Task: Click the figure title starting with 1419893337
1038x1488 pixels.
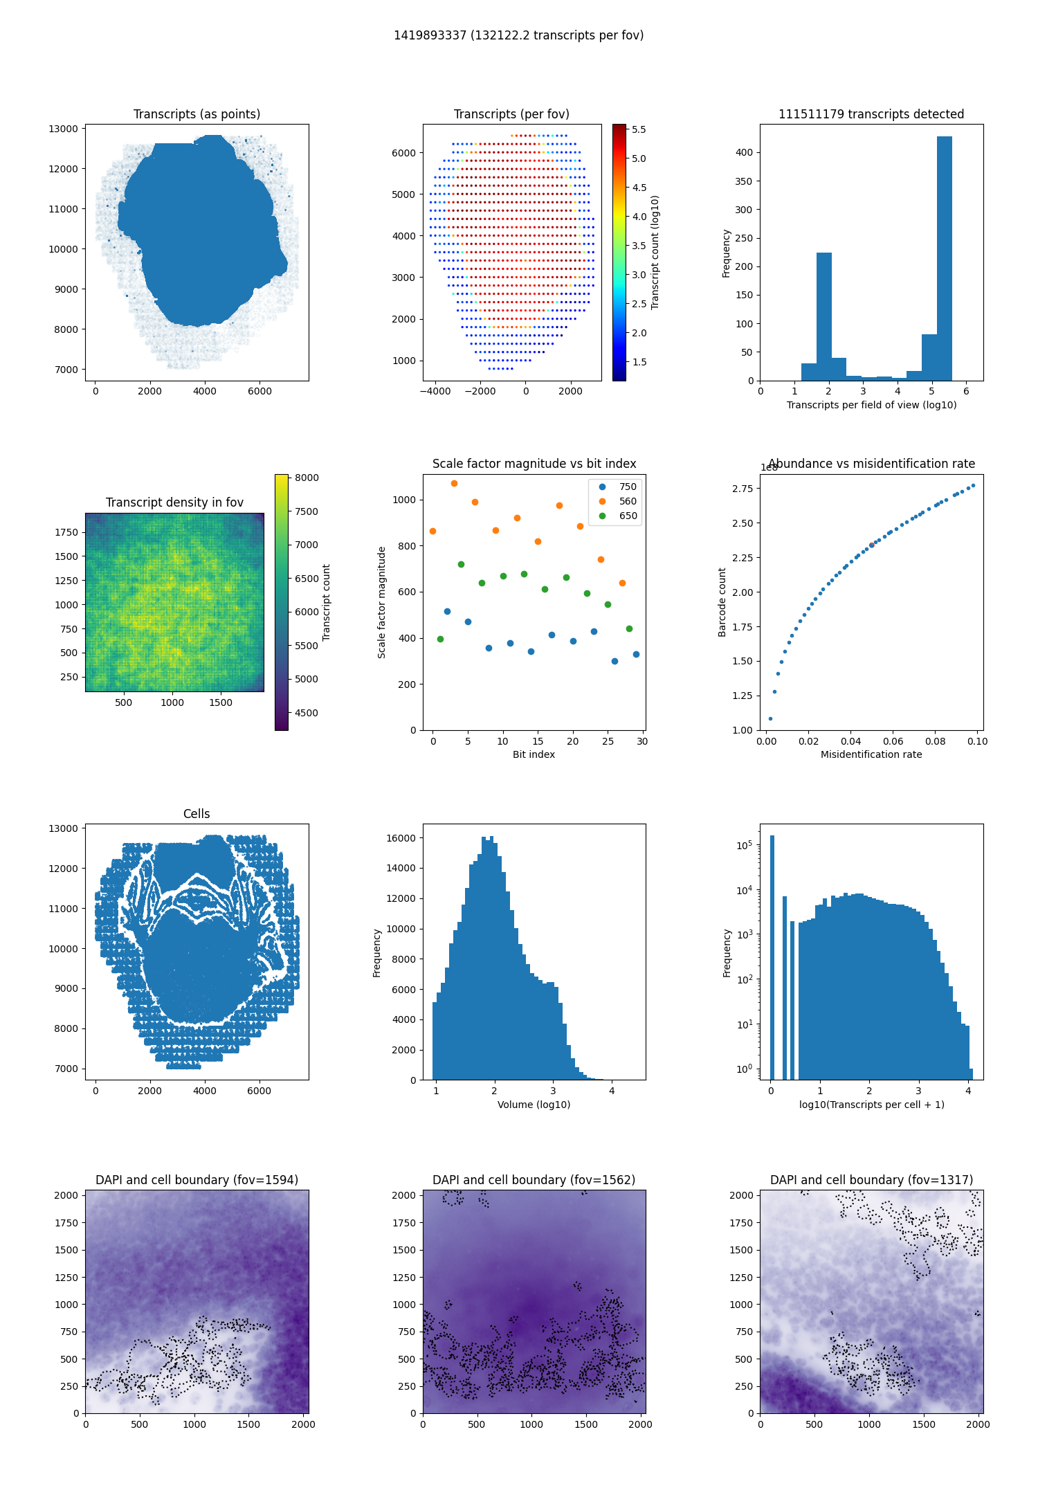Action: pyautogui.click(x=518, y=35)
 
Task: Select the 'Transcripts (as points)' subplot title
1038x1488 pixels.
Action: pyautogui.click(x=197, y=114)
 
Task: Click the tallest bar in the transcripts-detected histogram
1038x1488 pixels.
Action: pyautogui.click(x=944, y=258)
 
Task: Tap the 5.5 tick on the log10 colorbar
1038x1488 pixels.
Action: pyautogui.click(x=639, y=129)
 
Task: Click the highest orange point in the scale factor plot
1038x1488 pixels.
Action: pyautogui.click(x=454, y=483)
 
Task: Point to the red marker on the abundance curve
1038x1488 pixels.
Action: pyautogui.click(x=871, y=545)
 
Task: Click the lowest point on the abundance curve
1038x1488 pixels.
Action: pyautogui.click(x=770, y=718)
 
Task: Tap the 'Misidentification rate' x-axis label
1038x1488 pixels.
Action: pyautogui.click(x=871, y=754)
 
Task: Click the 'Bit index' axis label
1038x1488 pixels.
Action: pyautogui.click(x=534, y=754)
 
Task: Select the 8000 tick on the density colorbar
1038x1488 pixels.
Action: pyautogui.click(x=307, y=478)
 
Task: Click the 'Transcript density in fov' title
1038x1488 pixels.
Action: pyautogui.click(x=174, y=502)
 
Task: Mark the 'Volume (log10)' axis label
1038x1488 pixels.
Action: pyautogui.click(x=534, y=1105)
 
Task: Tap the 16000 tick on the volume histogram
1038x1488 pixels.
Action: pyautogui.click(x=401, y=838)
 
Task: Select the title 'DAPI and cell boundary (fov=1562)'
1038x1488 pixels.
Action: pyautogui.click(x=534, y=1180)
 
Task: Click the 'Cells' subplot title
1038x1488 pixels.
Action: pyautogui.click(x=197, y=814)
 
